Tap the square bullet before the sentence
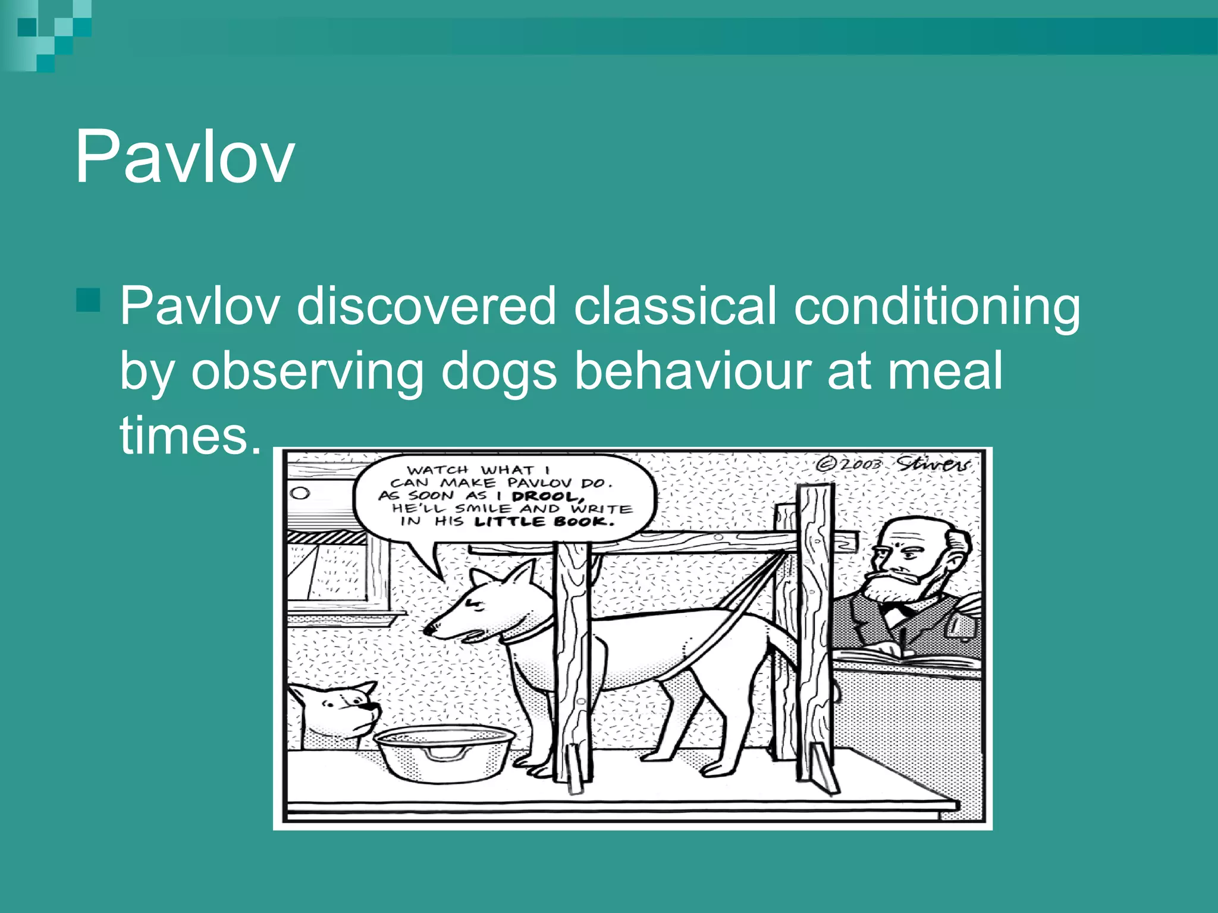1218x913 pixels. click(88, 300)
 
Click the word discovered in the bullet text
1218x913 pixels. click(426, 306)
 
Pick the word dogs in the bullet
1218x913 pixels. click(498, 372)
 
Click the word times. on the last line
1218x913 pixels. click(191, 435)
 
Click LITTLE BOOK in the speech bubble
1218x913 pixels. click(544, 522)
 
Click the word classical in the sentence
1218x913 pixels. click(675, 306)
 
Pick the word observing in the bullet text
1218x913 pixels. click(307, 372)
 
